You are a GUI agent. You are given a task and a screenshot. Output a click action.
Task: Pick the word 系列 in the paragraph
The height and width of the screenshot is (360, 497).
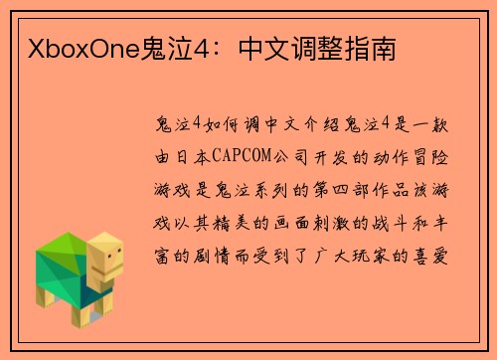coord(263,189)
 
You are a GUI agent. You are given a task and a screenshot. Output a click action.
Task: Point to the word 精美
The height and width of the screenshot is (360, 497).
coord(232,223)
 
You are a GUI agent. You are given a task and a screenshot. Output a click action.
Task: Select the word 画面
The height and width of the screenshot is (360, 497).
coord(293,223)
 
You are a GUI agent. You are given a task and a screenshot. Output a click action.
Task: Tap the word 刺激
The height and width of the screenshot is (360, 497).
coord(335,223)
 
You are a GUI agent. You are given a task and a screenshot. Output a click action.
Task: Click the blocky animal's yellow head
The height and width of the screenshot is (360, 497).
coord(103,261)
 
